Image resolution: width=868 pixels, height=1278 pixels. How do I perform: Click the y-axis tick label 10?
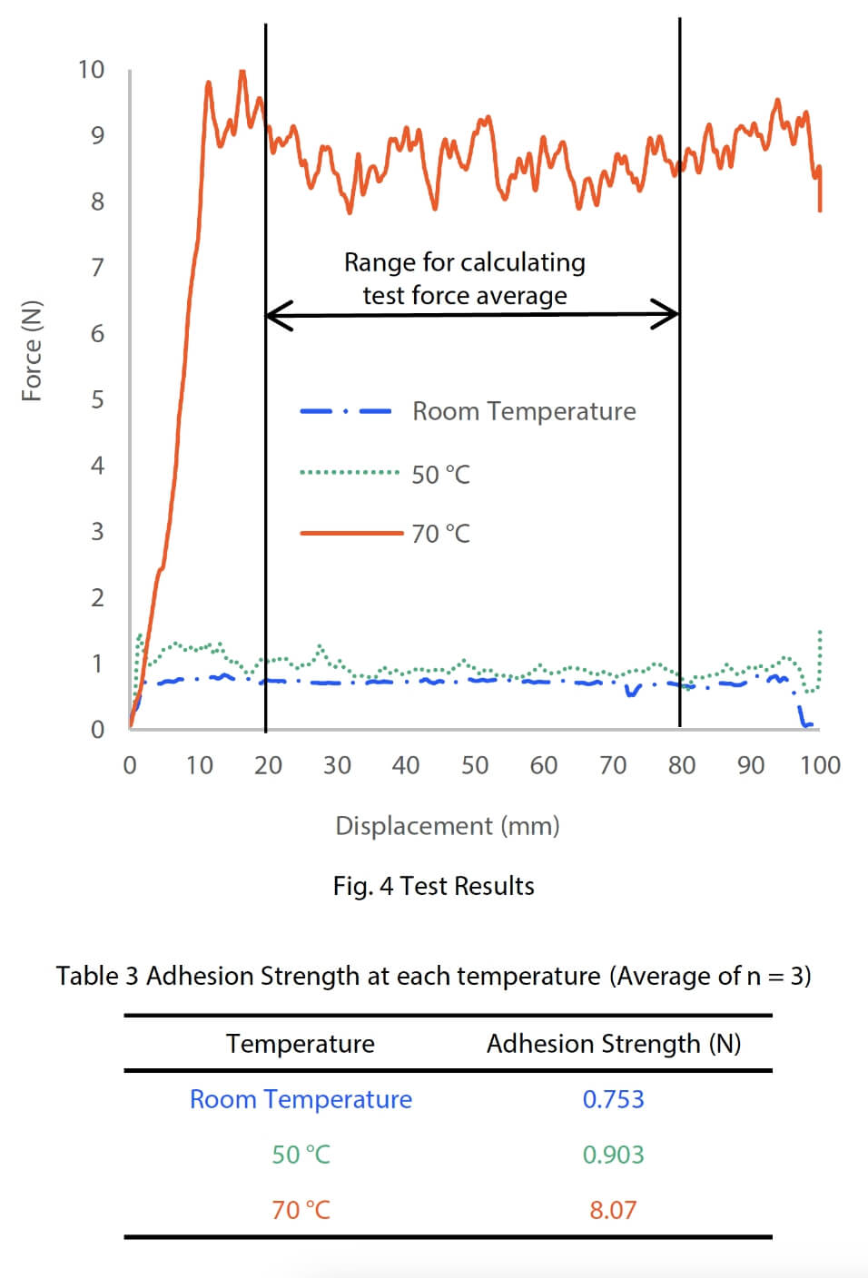(x=91, y=70)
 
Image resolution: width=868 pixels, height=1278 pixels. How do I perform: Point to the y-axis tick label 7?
(x=97, y=268)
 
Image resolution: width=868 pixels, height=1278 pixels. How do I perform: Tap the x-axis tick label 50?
(x=475, y=766)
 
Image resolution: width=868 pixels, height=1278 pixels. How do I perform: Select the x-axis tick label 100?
(x=819, y=766)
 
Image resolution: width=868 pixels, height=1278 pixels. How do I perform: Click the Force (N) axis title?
(x=32, y=350)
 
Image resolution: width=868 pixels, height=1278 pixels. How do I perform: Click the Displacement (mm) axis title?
(x=447, y=826)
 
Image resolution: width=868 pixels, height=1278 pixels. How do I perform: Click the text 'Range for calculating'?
(x=464, y=262)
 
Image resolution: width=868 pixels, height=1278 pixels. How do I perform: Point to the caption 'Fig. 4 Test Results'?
(x=433, y=886)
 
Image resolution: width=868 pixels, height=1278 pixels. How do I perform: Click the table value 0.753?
(x=613, y=1099)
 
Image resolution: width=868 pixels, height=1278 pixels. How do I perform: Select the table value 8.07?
(x=613, y=1210)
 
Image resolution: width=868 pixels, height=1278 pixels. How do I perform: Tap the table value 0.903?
(x=613, y=1155)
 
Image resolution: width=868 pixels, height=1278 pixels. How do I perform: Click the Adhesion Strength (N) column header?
(x=613, y=1044)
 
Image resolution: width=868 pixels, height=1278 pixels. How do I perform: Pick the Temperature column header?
(x=301, y=1044)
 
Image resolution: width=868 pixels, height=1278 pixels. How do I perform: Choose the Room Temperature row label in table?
(x=301, y=1099)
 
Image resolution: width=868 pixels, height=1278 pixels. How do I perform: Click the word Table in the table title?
(x=87, y=976)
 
